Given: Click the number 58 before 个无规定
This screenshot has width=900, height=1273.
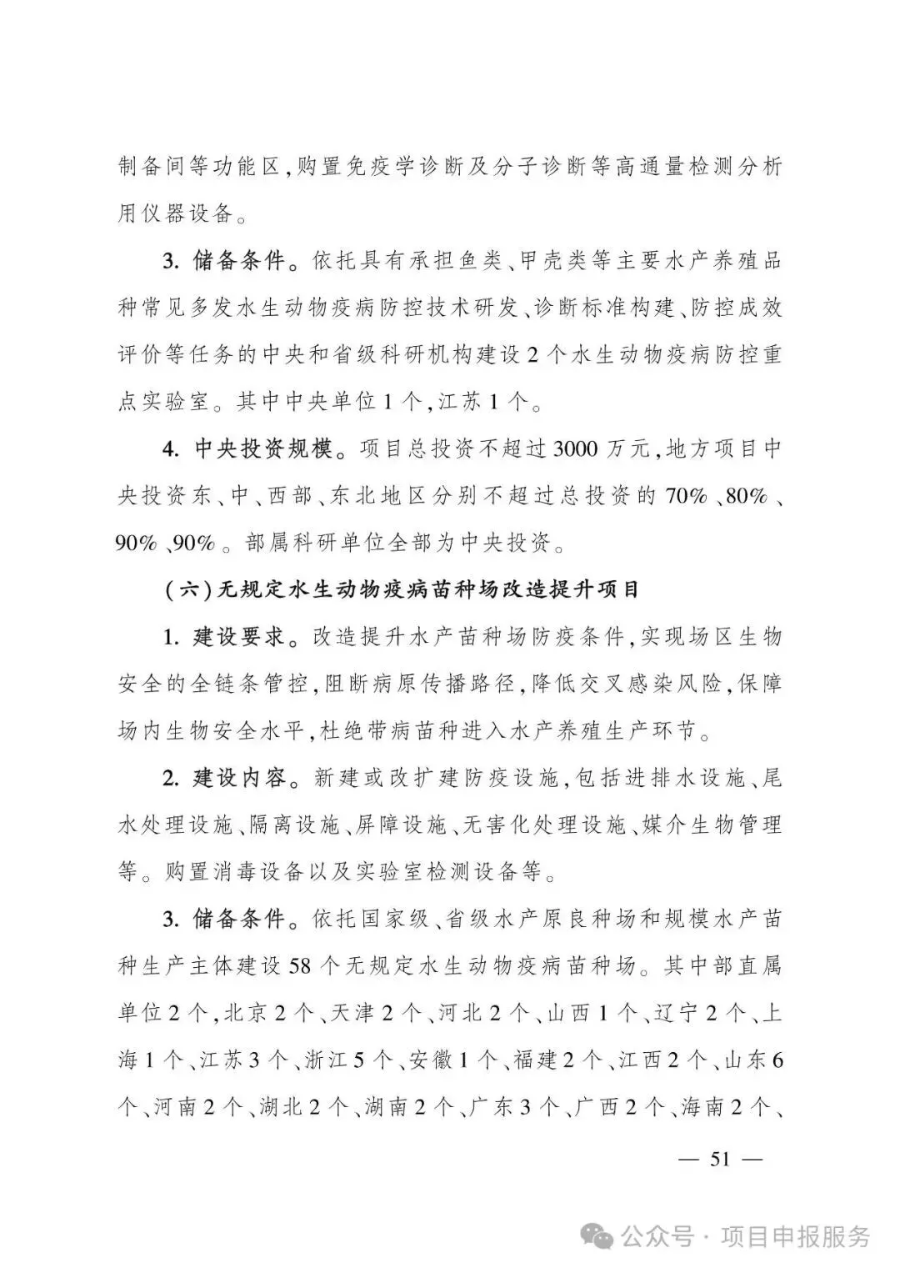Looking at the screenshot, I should coord(299,967).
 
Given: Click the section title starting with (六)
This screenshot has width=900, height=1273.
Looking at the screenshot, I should coord(401,591).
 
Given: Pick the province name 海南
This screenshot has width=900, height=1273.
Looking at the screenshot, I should coord(703,1108).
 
